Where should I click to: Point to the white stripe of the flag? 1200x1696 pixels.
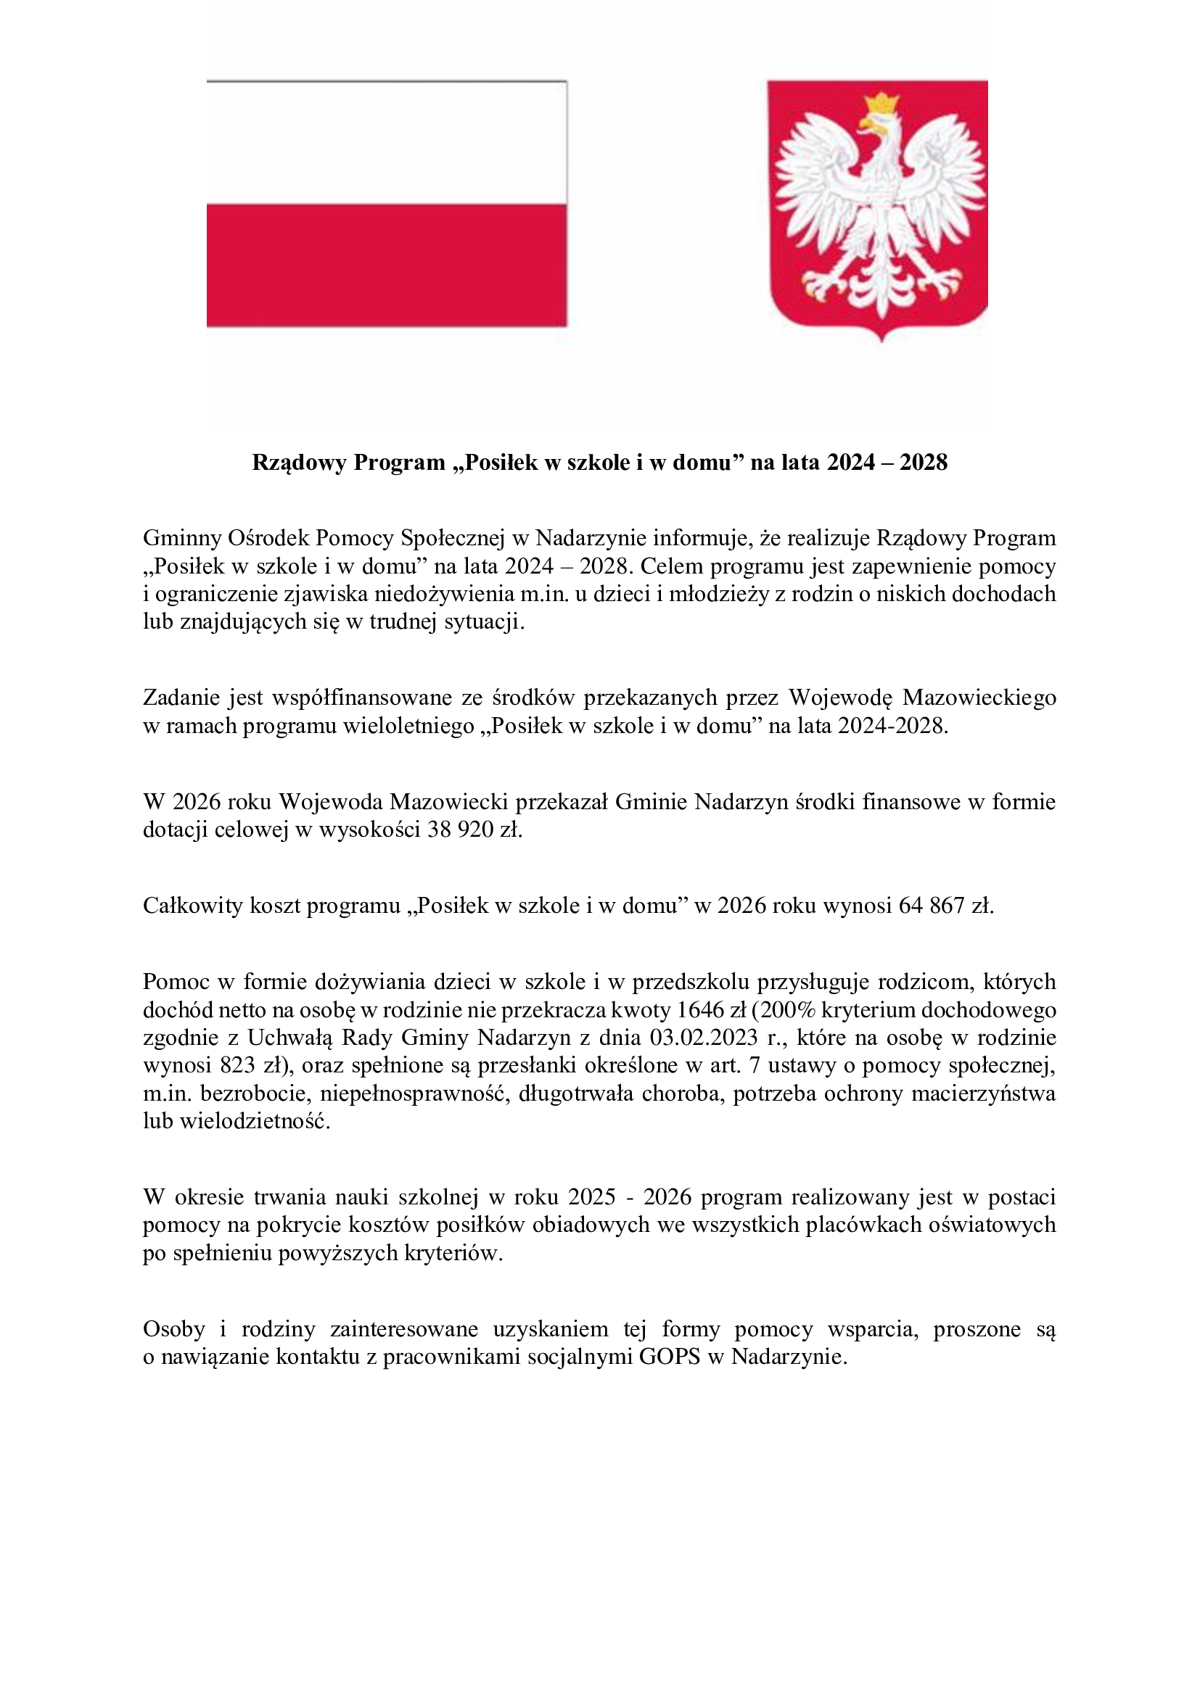tap(387, 143)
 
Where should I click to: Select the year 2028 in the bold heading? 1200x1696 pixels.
tap(924, 463)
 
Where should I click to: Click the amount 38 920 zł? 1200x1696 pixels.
tap(474, 830)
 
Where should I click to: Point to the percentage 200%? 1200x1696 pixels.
tap(784, 1010)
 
